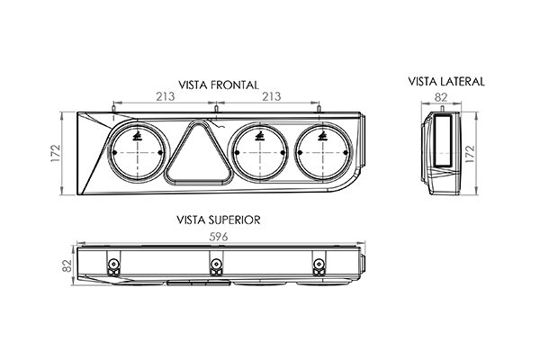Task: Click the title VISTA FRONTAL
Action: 219,85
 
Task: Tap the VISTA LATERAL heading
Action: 446,82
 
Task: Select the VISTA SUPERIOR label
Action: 219,220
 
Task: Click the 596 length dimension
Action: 219,237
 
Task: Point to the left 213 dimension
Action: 166,96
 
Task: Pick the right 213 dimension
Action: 272,96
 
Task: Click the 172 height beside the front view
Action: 56,154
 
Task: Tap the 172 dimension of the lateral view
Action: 470,154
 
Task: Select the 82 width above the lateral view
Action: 441,97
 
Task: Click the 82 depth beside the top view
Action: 67,265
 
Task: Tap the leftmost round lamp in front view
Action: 138,152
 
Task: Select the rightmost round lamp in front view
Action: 323,152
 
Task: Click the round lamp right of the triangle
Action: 260,152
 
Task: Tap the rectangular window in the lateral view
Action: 443,139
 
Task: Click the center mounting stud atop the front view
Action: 216,109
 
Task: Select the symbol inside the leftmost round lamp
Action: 138,137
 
